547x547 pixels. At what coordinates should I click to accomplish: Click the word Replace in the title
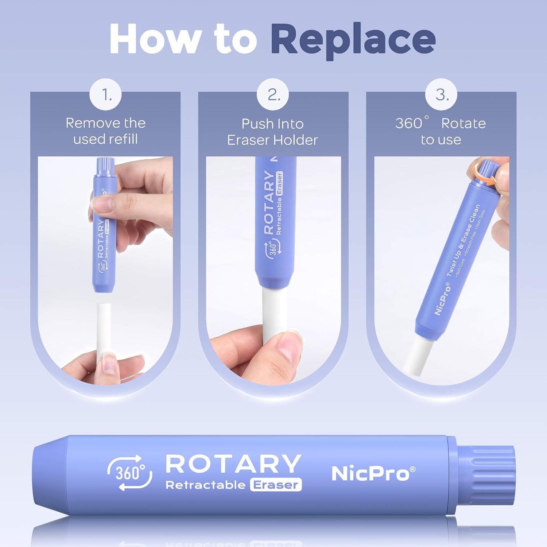353,41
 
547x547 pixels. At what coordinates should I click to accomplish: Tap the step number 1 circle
106,94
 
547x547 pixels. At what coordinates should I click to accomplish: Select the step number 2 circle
273,94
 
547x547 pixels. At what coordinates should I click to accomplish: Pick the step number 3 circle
441,94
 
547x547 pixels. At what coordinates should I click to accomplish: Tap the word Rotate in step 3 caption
463,124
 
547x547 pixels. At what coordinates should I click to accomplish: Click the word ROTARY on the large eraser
233,463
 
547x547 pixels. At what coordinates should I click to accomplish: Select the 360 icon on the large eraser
130,473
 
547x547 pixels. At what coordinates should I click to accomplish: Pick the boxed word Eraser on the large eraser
276,485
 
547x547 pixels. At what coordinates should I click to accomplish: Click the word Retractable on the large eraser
206,485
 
